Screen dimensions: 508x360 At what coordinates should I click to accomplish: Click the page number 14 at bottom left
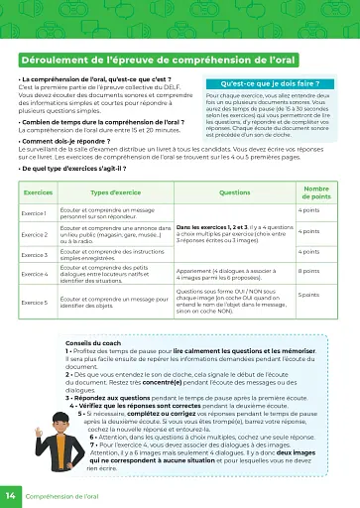click(10, 494)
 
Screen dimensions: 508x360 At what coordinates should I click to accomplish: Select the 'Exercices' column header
click(38, 192)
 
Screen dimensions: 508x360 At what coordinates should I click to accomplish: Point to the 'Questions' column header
click(234, 192)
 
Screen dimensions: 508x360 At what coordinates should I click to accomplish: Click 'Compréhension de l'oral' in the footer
click(62, 494)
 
